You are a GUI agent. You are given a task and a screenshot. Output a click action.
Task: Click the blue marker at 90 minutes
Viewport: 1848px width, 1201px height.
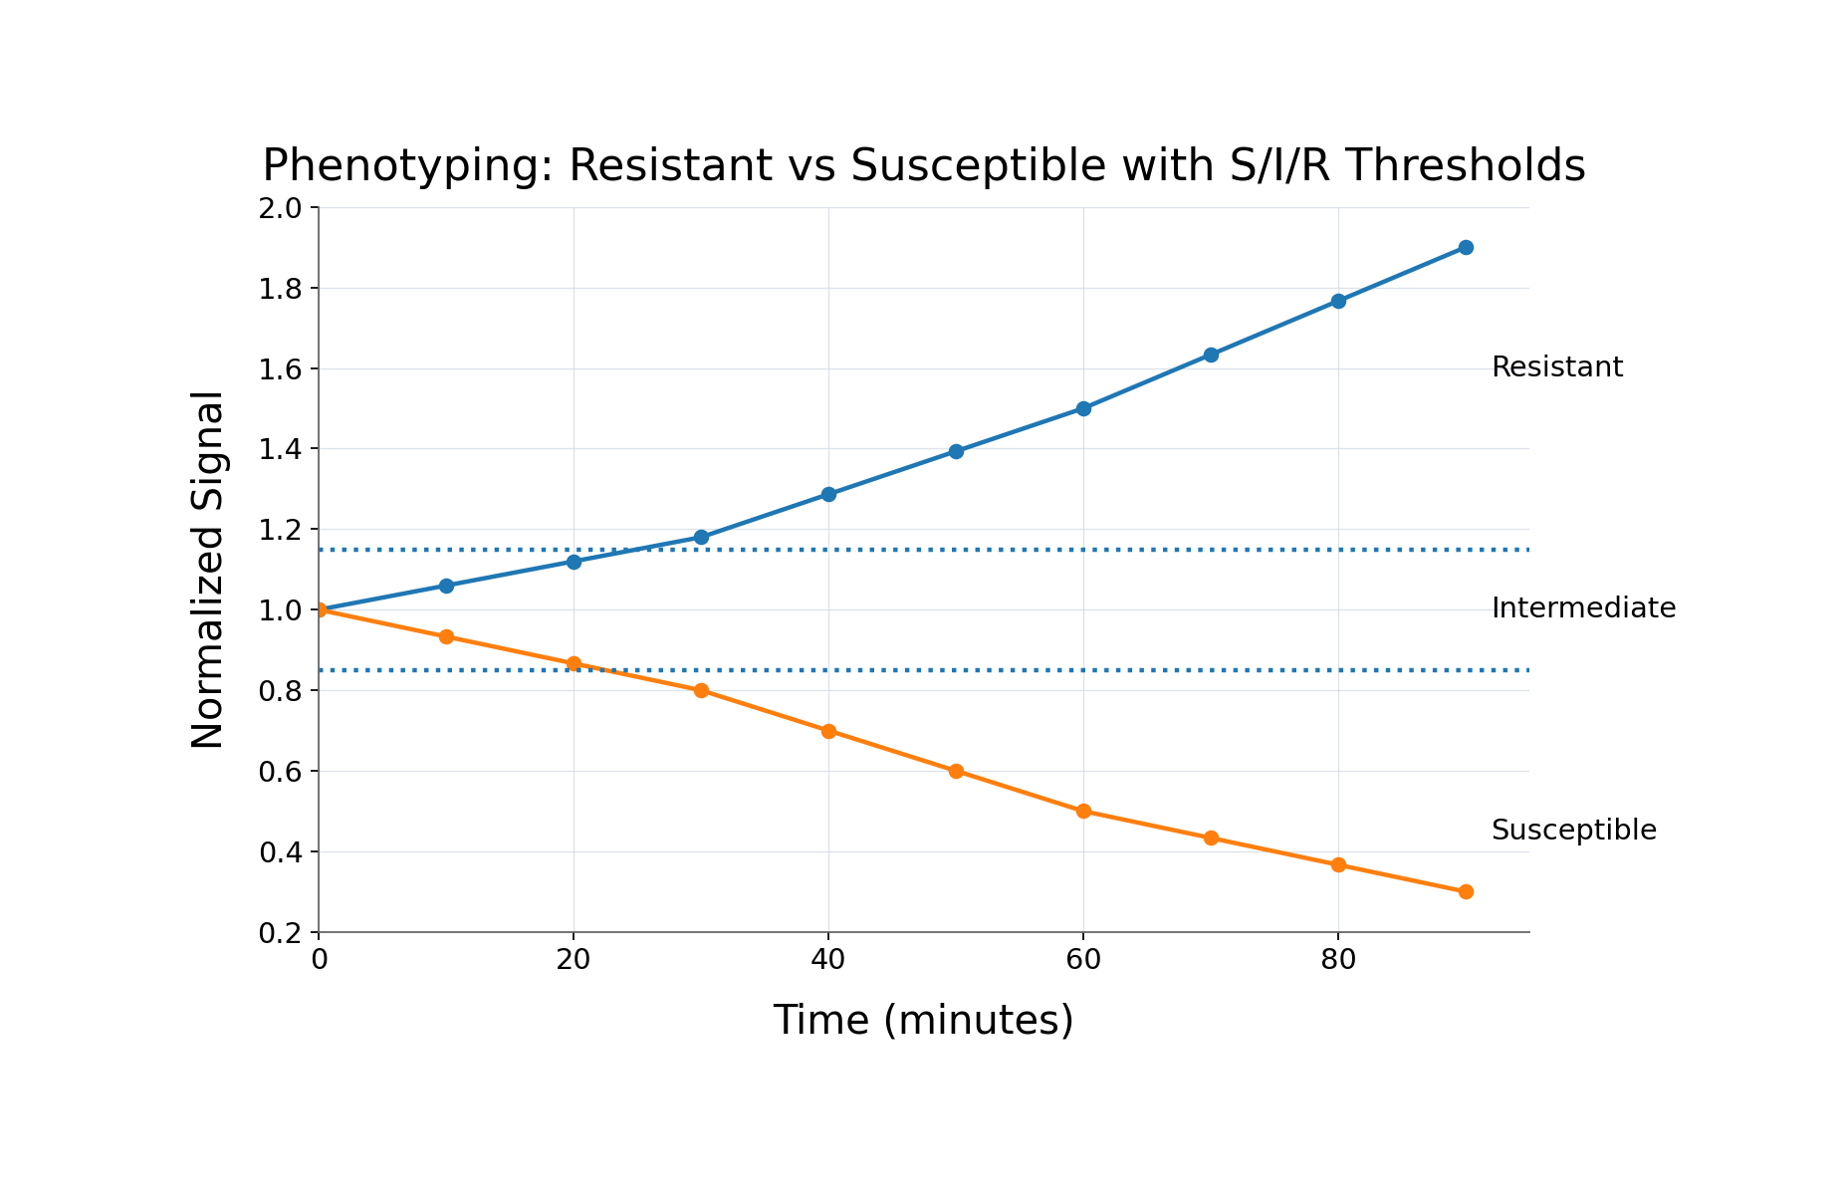pos(1466,247)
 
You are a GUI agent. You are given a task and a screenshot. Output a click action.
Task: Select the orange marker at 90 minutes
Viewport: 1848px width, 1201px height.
pos(1466,891)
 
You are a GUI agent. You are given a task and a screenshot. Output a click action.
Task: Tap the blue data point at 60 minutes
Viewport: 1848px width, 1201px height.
pos(1083,408)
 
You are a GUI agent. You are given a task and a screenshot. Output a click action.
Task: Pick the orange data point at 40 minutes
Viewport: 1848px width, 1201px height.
pos(828,731)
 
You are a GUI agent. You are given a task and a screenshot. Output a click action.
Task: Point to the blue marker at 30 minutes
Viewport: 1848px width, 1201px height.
pos(701,537)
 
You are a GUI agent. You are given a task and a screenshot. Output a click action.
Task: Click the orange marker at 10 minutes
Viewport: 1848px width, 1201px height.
pos(446,636)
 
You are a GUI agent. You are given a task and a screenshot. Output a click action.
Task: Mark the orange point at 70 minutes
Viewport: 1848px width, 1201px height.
pos(1211,838)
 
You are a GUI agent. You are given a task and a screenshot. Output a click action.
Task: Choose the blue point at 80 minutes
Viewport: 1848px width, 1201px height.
pos(1338,301)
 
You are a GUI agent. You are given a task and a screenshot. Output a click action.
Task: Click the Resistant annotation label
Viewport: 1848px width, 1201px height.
pos(1556,367)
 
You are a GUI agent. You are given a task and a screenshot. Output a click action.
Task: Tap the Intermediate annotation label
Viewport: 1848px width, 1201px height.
pos(1583,608)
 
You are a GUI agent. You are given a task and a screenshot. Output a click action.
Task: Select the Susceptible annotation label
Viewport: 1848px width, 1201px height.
pos(1573,831)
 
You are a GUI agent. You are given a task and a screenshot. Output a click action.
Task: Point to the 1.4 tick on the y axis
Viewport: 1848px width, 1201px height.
pos(280,449)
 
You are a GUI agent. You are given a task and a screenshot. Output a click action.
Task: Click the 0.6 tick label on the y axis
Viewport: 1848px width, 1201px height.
pos(280,772)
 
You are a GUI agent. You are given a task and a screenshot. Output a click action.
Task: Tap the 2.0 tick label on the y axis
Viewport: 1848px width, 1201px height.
pos(280,208)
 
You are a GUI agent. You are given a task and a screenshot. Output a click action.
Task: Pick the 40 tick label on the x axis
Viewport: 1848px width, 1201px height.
pos(828,960)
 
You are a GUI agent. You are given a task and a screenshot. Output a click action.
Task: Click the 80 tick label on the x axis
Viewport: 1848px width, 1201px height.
pos(1338,960)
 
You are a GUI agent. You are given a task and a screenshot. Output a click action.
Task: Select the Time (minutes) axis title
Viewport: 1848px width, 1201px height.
pos(923,1021)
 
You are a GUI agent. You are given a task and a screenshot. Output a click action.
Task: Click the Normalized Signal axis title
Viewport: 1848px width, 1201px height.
pos(207,570)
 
